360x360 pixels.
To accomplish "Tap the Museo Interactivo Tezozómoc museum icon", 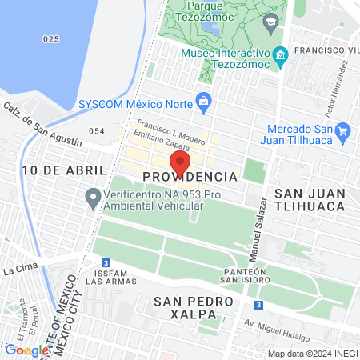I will tap(280, 55).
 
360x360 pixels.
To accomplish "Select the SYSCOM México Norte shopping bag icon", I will tap(203, 102).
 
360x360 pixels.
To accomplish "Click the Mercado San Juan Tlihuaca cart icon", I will tap(343, 131).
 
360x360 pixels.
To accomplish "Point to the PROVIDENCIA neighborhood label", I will tap(190, 176).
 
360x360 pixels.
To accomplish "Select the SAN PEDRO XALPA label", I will tap(194, 309).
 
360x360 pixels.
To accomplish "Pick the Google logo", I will tap(26, 350).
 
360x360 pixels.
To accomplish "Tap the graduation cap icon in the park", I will tap(270, 21).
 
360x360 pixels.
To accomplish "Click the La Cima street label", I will tap(19, 270).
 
